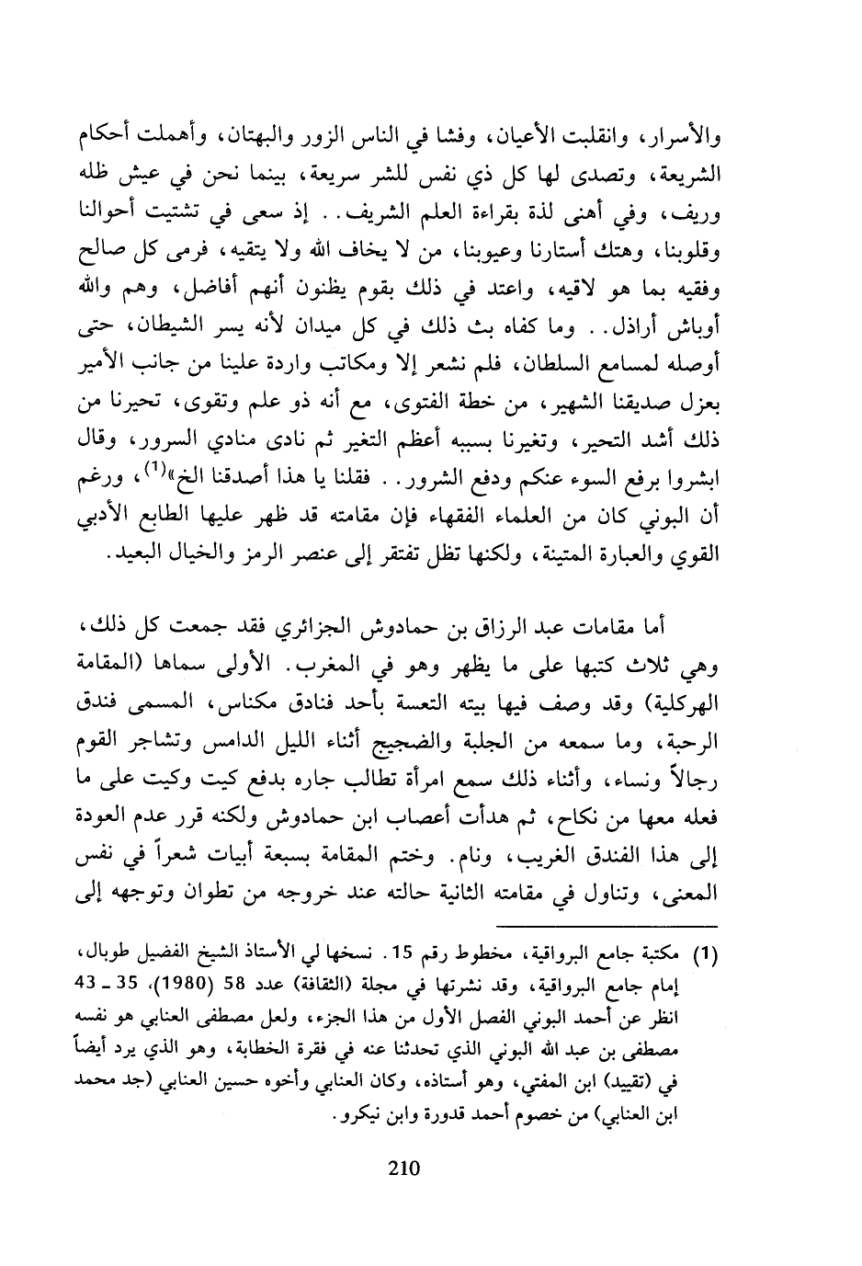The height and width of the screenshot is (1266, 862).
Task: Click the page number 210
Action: pos(403,1169)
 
